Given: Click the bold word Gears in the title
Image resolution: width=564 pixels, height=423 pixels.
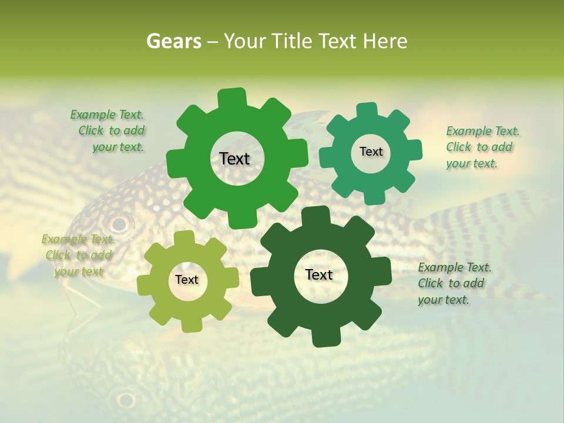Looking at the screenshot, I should click(x=173, y=41).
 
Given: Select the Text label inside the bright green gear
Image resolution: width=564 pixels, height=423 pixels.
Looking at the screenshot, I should click(x=234, y=159).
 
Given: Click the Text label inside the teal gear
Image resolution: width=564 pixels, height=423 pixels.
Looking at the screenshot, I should click(x=371, y=152).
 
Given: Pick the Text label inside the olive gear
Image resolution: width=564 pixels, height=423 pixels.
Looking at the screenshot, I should click(x=187, y=280).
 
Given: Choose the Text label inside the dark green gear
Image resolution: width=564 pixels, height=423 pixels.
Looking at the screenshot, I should click(x=319, y=274).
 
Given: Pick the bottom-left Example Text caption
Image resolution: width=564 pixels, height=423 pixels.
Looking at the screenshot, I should click(x=78, y=255).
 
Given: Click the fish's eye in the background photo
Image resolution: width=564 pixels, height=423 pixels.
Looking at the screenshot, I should click(x=119, y=224).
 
